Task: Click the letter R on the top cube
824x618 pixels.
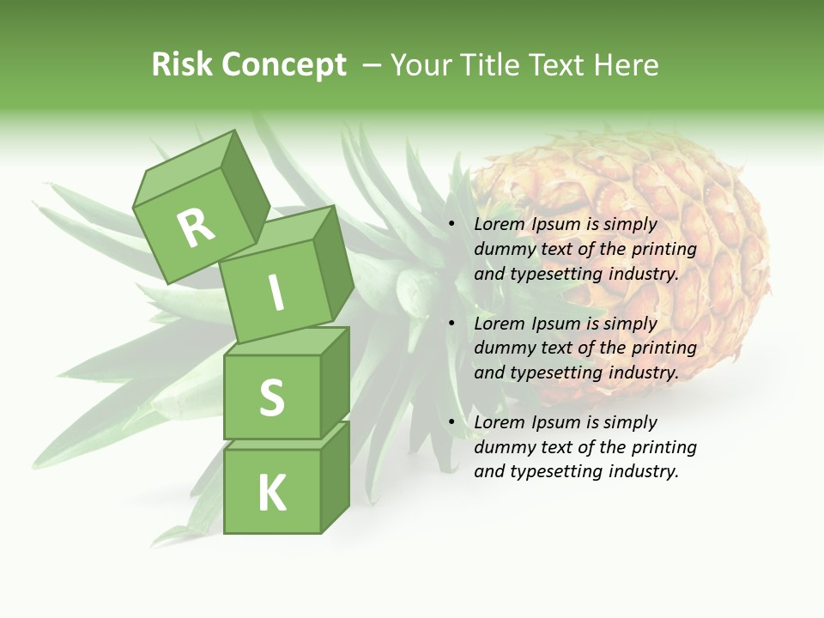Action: click(196, 228)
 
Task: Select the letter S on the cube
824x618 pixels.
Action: click(271, 398)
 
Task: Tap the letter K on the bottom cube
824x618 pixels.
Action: click(272, 494)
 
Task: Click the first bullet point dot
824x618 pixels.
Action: click(451, 224)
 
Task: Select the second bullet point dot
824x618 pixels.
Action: click(451, 324)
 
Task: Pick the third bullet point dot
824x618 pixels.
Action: click(451, 422)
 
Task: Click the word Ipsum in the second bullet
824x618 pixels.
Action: click(555, 324)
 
